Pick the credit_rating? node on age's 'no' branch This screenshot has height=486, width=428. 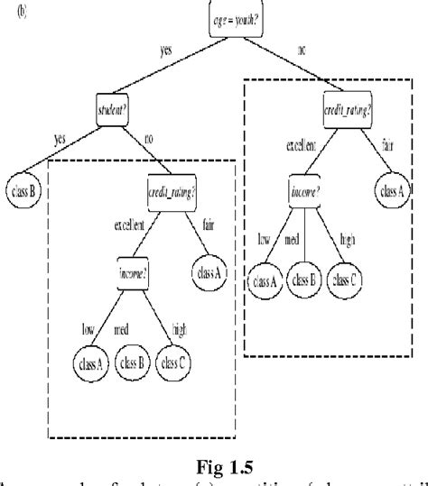pos(349,111)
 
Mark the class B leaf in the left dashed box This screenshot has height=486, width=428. pos(136,362)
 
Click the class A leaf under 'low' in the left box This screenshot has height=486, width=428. pos(90,362)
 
